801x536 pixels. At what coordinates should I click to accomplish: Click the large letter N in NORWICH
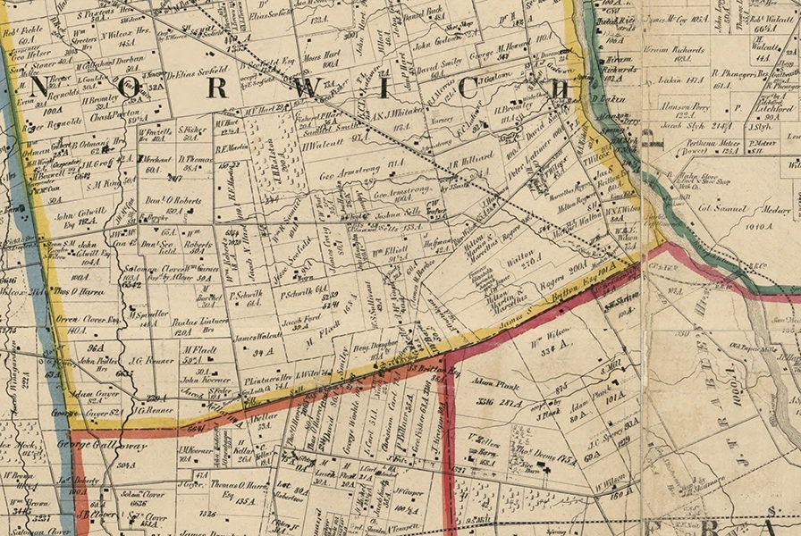pyautogui.click(x=40, y=88)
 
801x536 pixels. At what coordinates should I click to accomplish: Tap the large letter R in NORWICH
pyautogui.click(x=215, y=89)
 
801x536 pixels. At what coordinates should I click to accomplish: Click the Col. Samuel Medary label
pyautogui.click(x=755, y=211)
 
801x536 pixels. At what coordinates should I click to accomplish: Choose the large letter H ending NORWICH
pyautogui.click(x=560, y=89)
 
